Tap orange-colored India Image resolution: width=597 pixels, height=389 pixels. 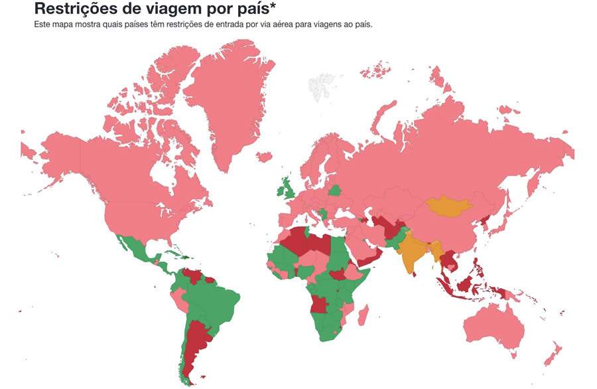pyautogui.click(x=413, y=252)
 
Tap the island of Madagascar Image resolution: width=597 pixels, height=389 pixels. pyautogui.click(x=363, y=313)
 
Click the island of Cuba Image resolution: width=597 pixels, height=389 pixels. pyautogui.click(x=168, y=255)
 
